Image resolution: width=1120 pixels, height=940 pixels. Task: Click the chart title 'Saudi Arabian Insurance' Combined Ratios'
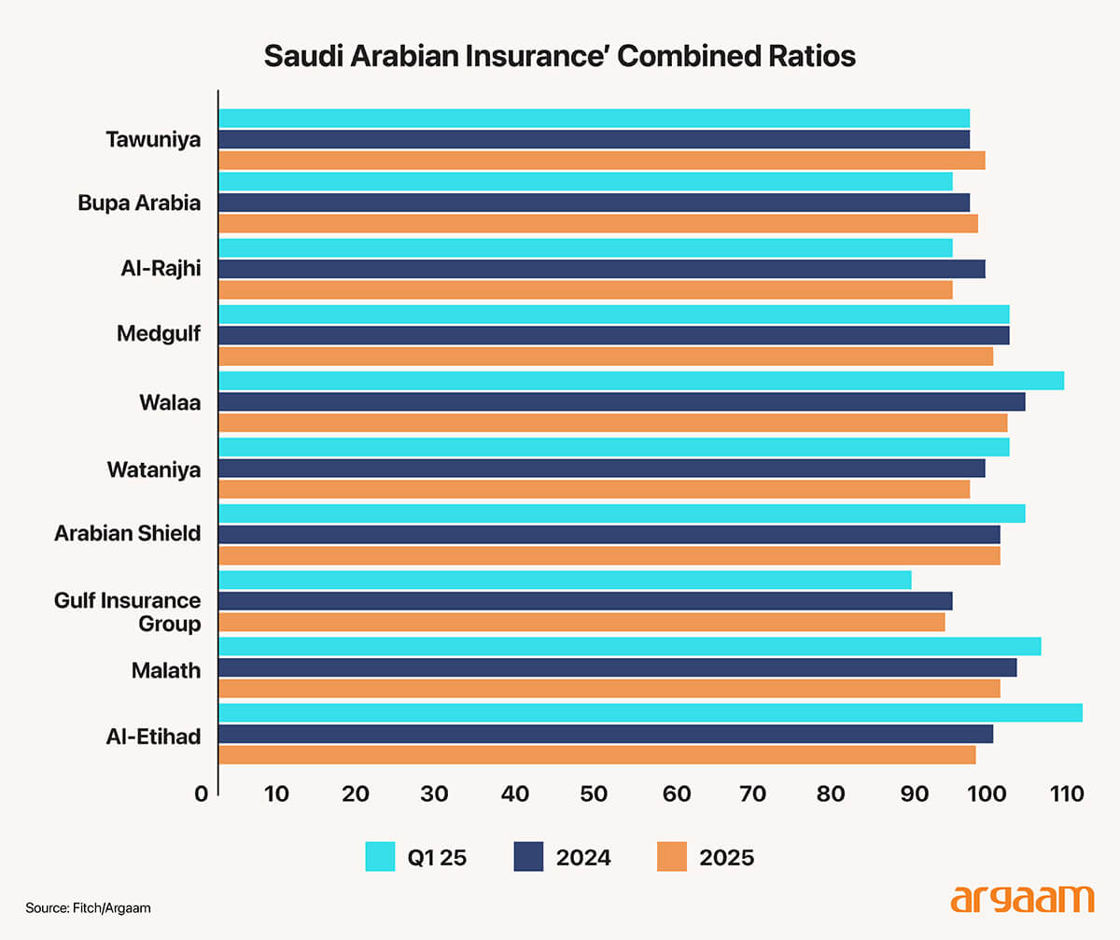click(x=559, y=56)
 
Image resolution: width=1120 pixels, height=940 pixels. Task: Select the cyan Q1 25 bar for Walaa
click(x=641, y=381)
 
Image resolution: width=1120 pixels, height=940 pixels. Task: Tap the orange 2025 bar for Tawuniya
click(x=602, y=161)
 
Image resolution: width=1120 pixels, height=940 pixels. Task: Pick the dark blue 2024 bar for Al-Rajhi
click(x=602, y=269)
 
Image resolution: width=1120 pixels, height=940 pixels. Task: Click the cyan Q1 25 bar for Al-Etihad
click(x=651, y=712)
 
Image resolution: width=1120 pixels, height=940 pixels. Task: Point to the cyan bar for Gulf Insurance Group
click(x=565, y=580)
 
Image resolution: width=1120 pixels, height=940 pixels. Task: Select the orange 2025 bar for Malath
click(x=609, y=689)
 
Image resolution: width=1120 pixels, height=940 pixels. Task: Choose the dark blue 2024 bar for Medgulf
click(x=614, y=335)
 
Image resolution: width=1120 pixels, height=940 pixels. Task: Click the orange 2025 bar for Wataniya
click(x=595, y=489)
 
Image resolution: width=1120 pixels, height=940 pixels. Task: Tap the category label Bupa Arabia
click(x=139, y=203)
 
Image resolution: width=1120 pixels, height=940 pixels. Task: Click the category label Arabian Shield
click(x=127, y=534)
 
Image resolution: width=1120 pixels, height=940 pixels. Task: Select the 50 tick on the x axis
click(x=594, y=794)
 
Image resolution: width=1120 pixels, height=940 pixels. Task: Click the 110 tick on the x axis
click(x=1066, y=794)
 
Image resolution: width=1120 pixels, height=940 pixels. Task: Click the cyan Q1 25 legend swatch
click(x=381, y=856)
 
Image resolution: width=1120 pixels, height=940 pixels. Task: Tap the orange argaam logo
click(x=1021, y=899)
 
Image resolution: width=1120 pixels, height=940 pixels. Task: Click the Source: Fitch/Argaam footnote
click(x=88, y=907)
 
